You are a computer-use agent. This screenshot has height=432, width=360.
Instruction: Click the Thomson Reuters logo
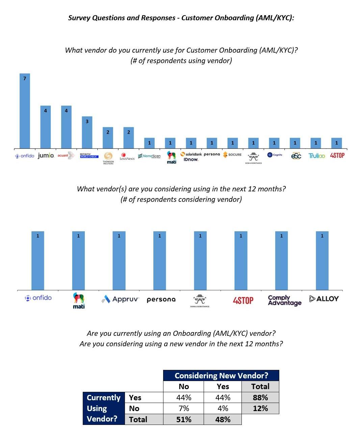108,158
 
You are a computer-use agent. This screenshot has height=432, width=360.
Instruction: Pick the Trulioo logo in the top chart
316,156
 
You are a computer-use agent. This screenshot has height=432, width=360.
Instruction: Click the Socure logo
232,155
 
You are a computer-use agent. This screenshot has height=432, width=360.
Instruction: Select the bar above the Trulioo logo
316,143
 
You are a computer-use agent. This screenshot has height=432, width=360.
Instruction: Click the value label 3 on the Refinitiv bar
87,122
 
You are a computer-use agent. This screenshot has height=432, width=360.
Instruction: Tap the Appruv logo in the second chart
120,299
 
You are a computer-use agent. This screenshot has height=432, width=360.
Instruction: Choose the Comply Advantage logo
284,300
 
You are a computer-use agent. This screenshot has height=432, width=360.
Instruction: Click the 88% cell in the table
260,398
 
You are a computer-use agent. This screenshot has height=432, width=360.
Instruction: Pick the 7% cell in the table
184,408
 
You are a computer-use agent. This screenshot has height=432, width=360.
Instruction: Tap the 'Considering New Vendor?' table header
221,376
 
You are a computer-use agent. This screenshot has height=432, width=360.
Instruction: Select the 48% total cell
223,420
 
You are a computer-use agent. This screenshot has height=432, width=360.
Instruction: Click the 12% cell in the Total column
260,408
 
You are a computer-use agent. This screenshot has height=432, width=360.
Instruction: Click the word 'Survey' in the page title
79,18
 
